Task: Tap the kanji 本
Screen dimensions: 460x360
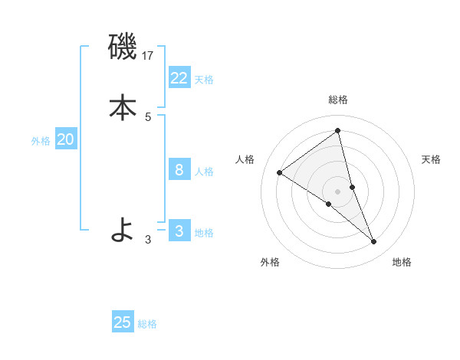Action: pos(123,107)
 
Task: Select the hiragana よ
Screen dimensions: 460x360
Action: pos(123,229)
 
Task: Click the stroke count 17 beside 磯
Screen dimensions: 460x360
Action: pos(149,56)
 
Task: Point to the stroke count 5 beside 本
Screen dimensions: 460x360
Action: pos(148,117)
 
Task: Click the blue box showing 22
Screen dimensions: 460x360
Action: pos(179,77)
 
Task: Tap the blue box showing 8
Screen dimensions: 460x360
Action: pos(179,169)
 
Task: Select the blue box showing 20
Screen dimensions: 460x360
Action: pos(66,139)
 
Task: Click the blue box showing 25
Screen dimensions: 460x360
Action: pos(123,322)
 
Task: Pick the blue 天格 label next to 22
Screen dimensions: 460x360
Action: pos(204,80)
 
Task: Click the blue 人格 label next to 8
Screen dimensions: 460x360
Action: pos(204,172)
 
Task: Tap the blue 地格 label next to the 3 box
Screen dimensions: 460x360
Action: pos(204,233)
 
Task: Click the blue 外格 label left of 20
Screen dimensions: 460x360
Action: pos(41,141)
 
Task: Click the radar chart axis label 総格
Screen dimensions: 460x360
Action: pos(338,100)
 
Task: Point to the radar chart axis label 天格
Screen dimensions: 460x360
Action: pos(431,159)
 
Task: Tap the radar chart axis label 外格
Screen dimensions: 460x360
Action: pos(270,262)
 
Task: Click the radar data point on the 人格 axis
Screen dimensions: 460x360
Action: pos(280,172)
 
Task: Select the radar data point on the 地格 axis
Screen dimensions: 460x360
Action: pos(374,242)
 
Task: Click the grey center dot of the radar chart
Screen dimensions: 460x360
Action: pos(338,191)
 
